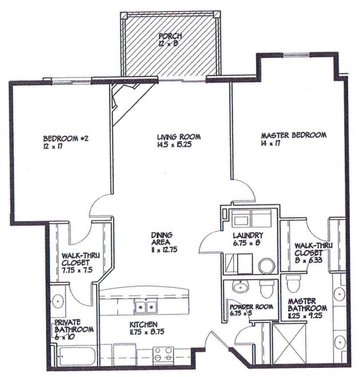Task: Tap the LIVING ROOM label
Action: point(179,137)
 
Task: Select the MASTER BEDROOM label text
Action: point(293,135)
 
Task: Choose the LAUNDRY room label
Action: point(248,235)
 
